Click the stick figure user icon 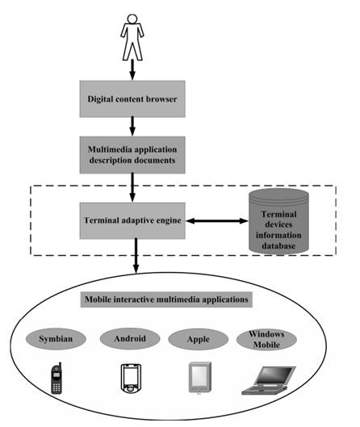[132, 37]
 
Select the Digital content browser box [132, 98]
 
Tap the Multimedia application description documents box [132, 155]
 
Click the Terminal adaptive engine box [132, 220]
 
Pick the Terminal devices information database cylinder [278, 221]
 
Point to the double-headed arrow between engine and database [217, 220]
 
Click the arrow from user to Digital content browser [132, 70]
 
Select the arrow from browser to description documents [132, 127]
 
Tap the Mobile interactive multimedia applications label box [166, 299]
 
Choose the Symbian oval [56, 339]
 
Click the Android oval [130, 339]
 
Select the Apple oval [199, 339]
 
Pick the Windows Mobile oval [266, 339]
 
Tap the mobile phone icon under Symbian [57, 378]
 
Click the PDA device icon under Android [131, 378]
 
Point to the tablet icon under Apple [200, 378]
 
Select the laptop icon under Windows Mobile [269, 380]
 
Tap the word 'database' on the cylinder [278, 245]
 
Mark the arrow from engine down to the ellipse [136, 256]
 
